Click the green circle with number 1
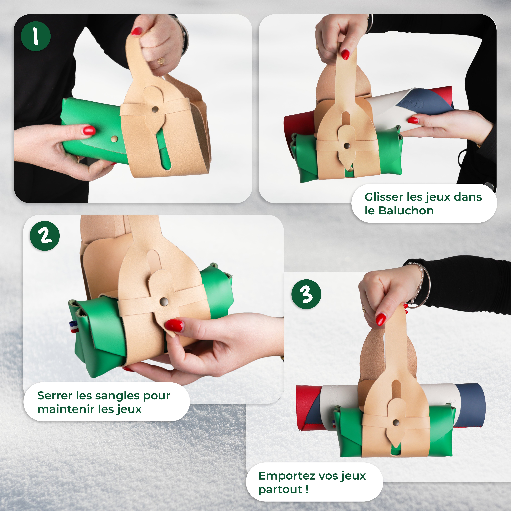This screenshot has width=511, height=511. pos(36,36)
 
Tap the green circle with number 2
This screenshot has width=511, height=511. pos(45,236)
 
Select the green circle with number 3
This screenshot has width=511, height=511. pos(306,294)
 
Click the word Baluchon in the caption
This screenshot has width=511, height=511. pos(406,211)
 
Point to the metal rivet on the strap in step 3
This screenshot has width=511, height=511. pos(396,422)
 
